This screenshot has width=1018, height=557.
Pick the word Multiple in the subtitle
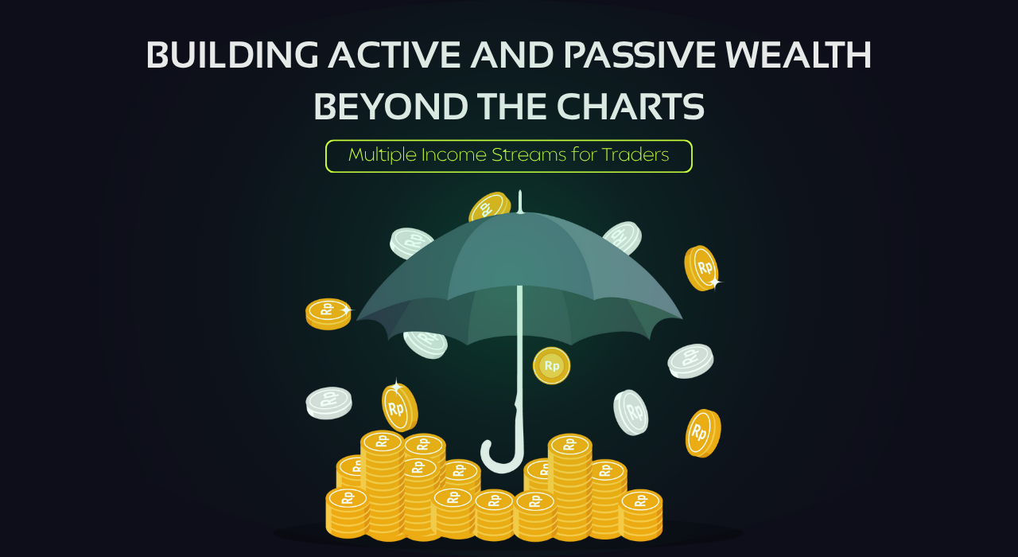click(x=382, y=155)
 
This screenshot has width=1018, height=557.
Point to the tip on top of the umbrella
click(x=519, y=199)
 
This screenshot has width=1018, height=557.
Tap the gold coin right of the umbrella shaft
click(x=551, y=366)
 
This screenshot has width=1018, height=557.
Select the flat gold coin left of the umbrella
click(x=328, y=313)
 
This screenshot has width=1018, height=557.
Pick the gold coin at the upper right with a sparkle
click(x=701, y=267)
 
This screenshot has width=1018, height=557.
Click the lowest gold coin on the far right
click(x=703, y=433)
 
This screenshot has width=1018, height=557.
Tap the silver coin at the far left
click(x=328, y=403)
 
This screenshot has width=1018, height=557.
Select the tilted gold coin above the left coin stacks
click(x=398, y=407)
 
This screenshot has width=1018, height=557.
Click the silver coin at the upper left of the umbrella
click(x=410, y=243)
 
